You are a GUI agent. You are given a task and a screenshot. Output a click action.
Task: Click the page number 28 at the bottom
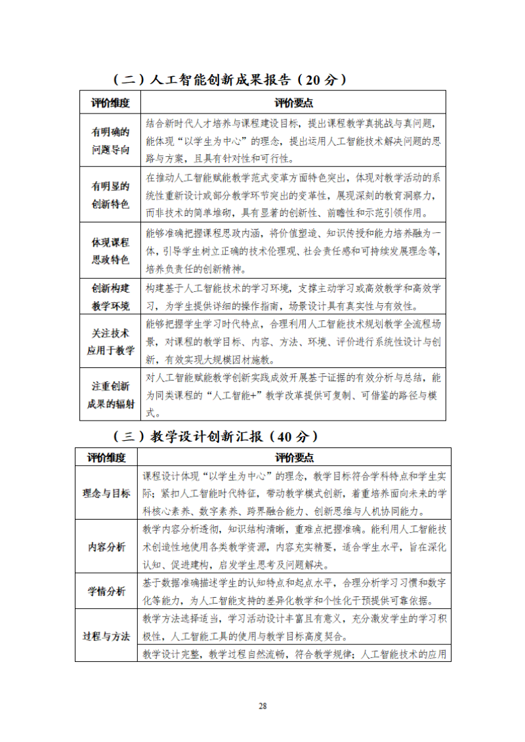[262, 706]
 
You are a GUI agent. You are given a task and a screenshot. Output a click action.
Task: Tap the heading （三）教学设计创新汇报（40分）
[216, 436]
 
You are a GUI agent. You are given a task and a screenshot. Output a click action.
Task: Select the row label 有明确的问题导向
[110, 140]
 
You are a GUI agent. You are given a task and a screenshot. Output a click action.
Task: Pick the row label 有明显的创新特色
[110, 195]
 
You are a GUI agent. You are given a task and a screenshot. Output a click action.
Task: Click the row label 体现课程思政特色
[110, 251]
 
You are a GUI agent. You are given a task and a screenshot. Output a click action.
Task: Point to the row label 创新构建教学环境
[110, 297]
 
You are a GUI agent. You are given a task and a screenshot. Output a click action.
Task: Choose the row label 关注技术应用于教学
[110, 342]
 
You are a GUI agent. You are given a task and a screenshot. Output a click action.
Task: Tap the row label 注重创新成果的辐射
[110, 395]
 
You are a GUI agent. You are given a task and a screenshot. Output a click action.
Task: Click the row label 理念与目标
[106, 493]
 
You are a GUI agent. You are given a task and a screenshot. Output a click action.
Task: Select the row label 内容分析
[106, 547]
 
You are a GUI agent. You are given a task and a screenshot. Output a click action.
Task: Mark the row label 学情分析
[106, 591]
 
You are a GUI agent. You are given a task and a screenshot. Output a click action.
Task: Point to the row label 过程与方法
[106, 636]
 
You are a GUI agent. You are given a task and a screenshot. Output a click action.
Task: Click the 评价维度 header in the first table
[110, 103]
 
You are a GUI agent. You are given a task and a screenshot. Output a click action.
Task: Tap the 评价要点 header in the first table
[293, 103]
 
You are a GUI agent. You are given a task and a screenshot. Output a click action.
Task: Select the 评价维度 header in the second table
[106, 457]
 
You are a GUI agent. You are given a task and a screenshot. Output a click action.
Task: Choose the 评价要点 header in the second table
[294, 457]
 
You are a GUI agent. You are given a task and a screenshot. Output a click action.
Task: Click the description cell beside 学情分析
[294, 591]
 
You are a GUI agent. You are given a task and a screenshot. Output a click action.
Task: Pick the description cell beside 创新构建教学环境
[293, 297]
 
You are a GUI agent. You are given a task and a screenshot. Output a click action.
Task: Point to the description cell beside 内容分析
[294, 547]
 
